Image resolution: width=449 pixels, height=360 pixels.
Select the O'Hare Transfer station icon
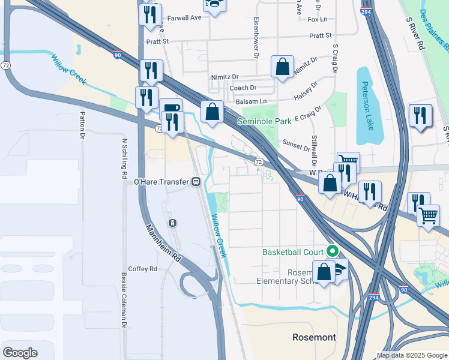click(x=196, y=182)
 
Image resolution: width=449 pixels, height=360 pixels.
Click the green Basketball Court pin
click(x=331, y=252)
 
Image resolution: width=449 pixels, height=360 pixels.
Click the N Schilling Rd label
click(x=125, y=158)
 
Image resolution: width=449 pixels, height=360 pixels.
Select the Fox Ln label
click(x=316, y=19)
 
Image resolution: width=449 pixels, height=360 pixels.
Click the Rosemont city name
click(x=314, y=337)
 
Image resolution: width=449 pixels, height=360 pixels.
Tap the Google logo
click(x=20, y=353)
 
